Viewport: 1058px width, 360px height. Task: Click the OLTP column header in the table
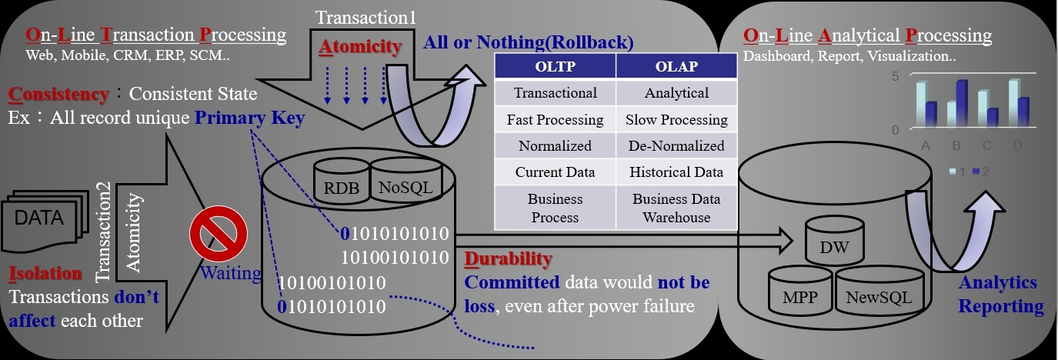point(555,66)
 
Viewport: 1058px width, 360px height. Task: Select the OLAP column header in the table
point(676,66)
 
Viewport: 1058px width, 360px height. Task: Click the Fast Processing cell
point(555,119)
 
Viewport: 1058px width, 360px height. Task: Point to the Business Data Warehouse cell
point(676,208)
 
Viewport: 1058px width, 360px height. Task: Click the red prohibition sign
point(219,233)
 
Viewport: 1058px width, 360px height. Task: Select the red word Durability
point(508,258)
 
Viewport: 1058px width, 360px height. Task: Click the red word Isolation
point(45,273)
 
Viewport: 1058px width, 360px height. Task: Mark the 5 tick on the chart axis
point(895,77)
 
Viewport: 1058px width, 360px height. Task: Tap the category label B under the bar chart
point(956,146)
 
